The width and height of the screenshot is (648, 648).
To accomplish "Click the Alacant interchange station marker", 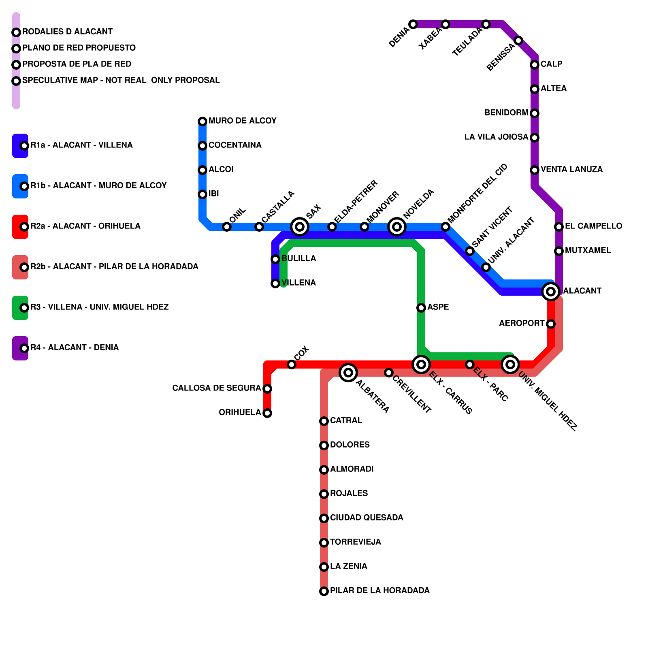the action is point(551,292).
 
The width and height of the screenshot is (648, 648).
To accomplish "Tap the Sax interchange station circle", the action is point(300,227).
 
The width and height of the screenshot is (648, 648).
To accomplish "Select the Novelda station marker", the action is point(397,227).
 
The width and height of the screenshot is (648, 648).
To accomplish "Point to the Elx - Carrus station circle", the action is point(421,364).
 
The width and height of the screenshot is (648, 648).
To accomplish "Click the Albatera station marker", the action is point(348,373).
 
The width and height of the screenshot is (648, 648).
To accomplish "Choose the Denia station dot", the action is point(413,24).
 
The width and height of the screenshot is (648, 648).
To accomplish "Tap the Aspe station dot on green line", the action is point(421,308).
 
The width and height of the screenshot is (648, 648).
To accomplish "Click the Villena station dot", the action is point(275,283).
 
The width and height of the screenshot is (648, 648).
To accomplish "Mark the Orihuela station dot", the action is point(267,413).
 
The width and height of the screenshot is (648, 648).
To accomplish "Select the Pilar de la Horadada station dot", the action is point(324,591).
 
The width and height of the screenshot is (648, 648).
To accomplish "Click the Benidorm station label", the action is point(506,113).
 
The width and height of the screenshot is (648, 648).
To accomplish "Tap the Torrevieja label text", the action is point(356,542).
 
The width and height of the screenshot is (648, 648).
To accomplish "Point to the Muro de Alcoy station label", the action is point(242,121).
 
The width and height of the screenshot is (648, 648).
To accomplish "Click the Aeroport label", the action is point(522,323).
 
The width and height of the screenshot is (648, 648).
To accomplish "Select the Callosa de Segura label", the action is point(217,388).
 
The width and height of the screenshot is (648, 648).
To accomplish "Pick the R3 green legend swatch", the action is point(19,308).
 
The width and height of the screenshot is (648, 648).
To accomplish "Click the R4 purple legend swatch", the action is point(19,348).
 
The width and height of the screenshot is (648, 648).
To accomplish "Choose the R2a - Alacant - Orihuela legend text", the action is point(85,226).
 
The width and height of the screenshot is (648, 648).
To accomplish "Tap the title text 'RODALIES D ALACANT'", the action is point(67,32).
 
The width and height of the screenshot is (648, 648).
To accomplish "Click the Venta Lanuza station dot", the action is point(535,170).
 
